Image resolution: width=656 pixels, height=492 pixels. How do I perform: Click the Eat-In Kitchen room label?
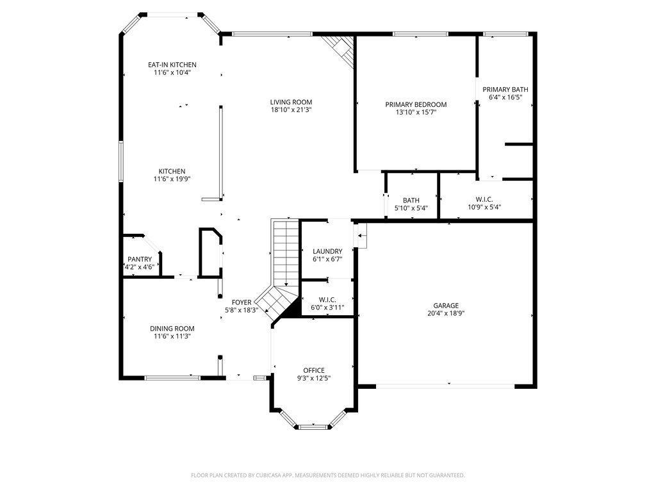pyautogui.click(x=172, y=65)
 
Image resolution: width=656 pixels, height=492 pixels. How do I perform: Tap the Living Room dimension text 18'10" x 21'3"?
pyautogui.click(x=291, y=110)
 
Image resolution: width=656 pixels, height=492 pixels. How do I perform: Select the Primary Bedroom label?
pyautogui.click(x=416, y=104)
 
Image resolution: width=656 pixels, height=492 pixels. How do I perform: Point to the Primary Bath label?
pyautogui.click(x=505, y=90)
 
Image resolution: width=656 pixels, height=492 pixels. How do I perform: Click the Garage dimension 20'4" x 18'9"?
pyautogui.click(x=446, y=314)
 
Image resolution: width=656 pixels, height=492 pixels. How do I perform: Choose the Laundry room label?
pyautogui.click(x=327, y=251)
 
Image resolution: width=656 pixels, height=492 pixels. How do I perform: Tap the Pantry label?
pyautogui.click(x=140, y=259)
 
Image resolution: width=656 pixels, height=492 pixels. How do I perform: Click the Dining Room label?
pyautogui.click(x=172, y=328)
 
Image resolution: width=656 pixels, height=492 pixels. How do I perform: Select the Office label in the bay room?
pyautogui.click(x=314, y=370)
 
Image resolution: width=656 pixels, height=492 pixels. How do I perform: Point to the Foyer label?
pyautogui.click(x=242, y=302)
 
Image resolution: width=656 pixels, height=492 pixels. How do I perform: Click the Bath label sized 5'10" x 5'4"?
pyautogui.click(x=411, y=201)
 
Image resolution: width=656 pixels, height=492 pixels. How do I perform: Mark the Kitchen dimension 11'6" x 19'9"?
pyautogui.click(x=172, y=179)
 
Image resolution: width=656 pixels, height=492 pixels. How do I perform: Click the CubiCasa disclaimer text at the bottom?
pyautogui.click(x=328, y=475)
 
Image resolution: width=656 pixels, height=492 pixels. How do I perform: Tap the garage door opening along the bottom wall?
pyautogui.click(x=446, y=386)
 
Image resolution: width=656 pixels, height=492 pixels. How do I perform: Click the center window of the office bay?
pyautogui.click(x=313, y=426)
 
